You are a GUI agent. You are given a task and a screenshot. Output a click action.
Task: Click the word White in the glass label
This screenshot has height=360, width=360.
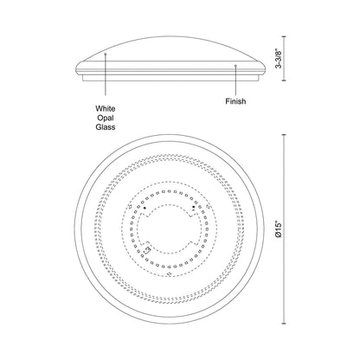pos(106,109)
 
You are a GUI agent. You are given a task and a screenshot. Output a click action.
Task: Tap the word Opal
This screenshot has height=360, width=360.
pos(106,118)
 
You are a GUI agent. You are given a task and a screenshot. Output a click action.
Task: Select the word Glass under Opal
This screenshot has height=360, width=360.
pos(106,127)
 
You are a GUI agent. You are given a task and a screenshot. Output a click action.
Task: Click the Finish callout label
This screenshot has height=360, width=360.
pos(235,101)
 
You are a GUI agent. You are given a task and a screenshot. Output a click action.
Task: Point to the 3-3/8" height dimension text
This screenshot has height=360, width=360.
pos(279,59)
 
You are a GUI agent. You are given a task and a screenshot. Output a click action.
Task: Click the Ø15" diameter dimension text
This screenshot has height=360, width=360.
pos(279,229)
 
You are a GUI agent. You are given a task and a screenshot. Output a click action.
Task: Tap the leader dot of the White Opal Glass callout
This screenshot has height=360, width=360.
pos(106,54)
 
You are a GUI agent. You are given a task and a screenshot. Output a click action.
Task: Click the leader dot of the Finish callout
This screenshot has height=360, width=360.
pos(235,66)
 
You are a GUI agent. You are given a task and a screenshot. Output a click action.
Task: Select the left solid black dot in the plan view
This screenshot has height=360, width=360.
pos(145,208)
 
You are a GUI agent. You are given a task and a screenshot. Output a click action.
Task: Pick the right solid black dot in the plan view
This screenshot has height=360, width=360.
pos(194,207)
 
